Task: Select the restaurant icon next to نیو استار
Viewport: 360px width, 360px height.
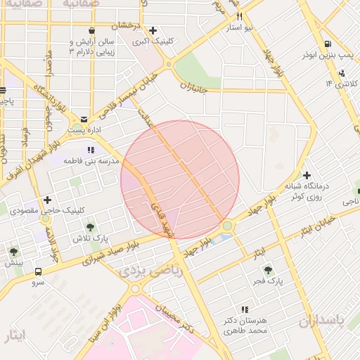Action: coord(240,16)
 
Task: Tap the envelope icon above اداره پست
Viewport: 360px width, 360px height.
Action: coord(85,119)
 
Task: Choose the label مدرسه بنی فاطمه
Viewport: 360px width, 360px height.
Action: coord(89,161)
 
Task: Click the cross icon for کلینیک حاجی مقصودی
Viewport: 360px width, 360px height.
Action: coord(47,200)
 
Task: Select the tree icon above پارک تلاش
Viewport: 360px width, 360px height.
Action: coord(91,226)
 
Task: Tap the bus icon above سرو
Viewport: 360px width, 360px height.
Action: coord(37,271)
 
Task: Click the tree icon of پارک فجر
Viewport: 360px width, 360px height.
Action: coord(267,269)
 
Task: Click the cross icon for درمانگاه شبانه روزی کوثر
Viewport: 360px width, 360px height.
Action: coord(307,175)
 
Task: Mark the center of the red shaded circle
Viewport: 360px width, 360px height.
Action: coord(180,179)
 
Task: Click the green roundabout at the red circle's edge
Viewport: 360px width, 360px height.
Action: coord(227,226)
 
